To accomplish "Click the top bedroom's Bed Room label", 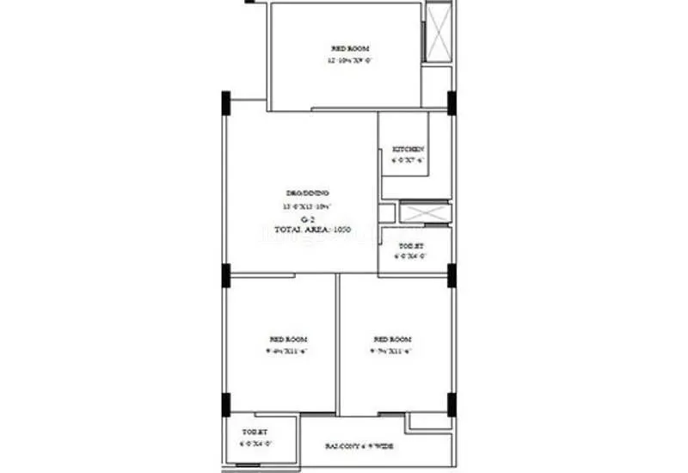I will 349,49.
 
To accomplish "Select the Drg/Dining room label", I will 307,193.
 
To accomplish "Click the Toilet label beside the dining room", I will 402,245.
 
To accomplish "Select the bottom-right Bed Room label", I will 392,339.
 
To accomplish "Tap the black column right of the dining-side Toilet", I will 451,275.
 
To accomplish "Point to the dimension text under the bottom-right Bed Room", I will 392,351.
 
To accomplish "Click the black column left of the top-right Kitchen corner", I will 451,101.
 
